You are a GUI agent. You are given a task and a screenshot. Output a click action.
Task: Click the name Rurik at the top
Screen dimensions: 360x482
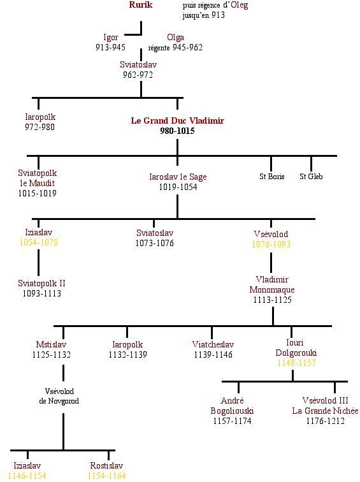[141, 4]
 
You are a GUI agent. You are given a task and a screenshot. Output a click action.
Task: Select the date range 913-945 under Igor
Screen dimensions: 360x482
[110, 47]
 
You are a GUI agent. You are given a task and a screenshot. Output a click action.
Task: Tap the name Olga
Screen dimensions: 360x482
[175, 37]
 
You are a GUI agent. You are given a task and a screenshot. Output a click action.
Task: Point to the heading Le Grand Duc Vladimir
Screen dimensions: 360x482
[178, 120]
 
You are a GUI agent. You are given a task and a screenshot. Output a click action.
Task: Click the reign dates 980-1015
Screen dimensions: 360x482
[177, 131]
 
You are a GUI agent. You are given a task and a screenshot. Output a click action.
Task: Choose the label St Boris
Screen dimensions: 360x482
[272, 176]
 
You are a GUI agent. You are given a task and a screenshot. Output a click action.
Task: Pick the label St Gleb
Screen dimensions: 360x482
[311, 176]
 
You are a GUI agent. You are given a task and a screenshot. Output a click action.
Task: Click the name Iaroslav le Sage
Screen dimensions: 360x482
[178, 177]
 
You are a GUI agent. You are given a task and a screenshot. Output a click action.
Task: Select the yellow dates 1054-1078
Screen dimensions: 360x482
[38, 242]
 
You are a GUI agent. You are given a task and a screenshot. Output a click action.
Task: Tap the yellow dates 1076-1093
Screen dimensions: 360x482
[271, 244]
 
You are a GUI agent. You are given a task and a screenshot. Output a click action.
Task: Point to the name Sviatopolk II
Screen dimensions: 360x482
[41, 283]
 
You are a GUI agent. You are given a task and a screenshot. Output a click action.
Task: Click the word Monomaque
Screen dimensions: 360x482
[272, 289]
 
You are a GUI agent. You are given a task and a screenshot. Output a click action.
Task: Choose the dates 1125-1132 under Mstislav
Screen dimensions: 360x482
[52, 354]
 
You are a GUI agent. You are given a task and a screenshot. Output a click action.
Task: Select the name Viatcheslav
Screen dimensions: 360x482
[213, 344]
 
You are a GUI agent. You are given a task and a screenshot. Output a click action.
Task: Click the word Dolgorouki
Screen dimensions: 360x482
[296, 353]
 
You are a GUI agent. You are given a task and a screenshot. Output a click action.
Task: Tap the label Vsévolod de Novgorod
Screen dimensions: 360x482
[59, 396]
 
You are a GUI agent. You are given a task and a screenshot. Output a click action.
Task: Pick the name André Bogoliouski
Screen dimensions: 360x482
[232, 405]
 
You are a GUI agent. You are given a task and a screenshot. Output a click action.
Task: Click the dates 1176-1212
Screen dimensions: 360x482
[325, 421]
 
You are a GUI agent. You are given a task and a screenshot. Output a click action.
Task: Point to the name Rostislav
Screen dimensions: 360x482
[106, 465]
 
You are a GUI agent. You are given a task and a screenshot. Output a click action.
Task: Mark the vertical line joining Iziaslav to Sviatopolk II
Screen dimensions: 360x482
[38, 263]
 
